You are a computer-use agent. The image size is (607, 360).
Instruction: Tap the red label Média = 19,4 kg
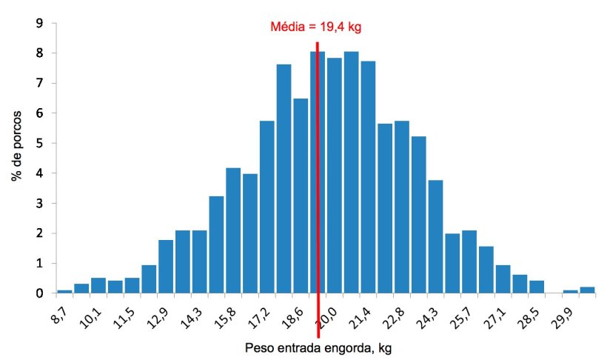click(315, 27)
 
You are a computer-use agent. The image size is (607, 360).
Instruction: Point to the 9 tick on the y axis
click(39, 23)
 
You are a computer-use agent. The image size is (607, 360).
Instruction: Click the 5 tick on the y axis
click(39, 143)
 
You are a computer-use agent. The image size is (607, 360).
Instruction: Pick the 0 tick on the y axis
click(39, 293)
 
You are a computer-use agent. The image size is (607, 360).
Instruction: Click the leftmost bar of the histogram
click(64, 291)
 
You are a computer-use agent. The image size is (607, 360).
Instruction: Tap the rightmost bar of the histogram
click(587, 290)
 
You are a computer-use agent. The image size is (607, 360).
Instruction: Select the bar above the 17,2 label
click(267, 207)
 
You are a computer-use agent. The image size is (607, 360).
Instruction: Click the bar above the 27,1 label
click(503, 279)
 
